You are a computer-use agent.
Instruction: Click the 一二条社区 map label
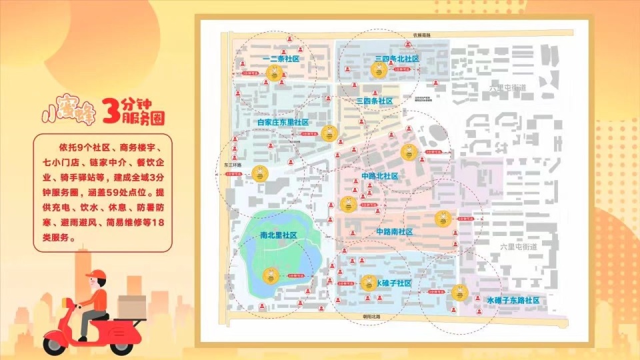pyautogui.click(x=281, y=59)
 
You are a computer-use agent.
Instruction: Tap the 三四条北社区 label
pyautogui.click(x=397, y=59)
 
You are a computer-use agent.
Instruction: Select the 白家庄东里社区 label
pyautogui.click(x=283, y=123)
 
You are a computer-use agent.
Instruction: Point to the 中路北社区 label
pyautogui.click(x=379, y=176)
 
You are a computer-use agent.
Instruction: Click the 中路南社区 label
pyautogui.click(x=395, y=232)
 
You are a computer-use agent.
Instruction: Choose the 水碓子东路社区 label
pyautogui.click(x=513, y=301)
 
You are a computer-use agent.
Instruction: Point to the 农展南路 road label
pyautogui.click(x=421, y=34)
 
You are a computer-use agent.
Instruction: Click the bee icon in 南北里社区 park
pyautogui.click(x=271, y=275)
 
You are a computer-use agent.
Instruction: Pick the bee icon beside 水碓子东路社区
pyautogui.click(x=459, y=292)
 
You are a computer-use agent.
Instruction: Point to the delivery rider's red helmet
pyautogui.click(x=95, y=275)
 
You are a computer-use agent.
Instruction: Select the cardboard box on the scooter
pyautogui.click(x=132, y=307)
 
